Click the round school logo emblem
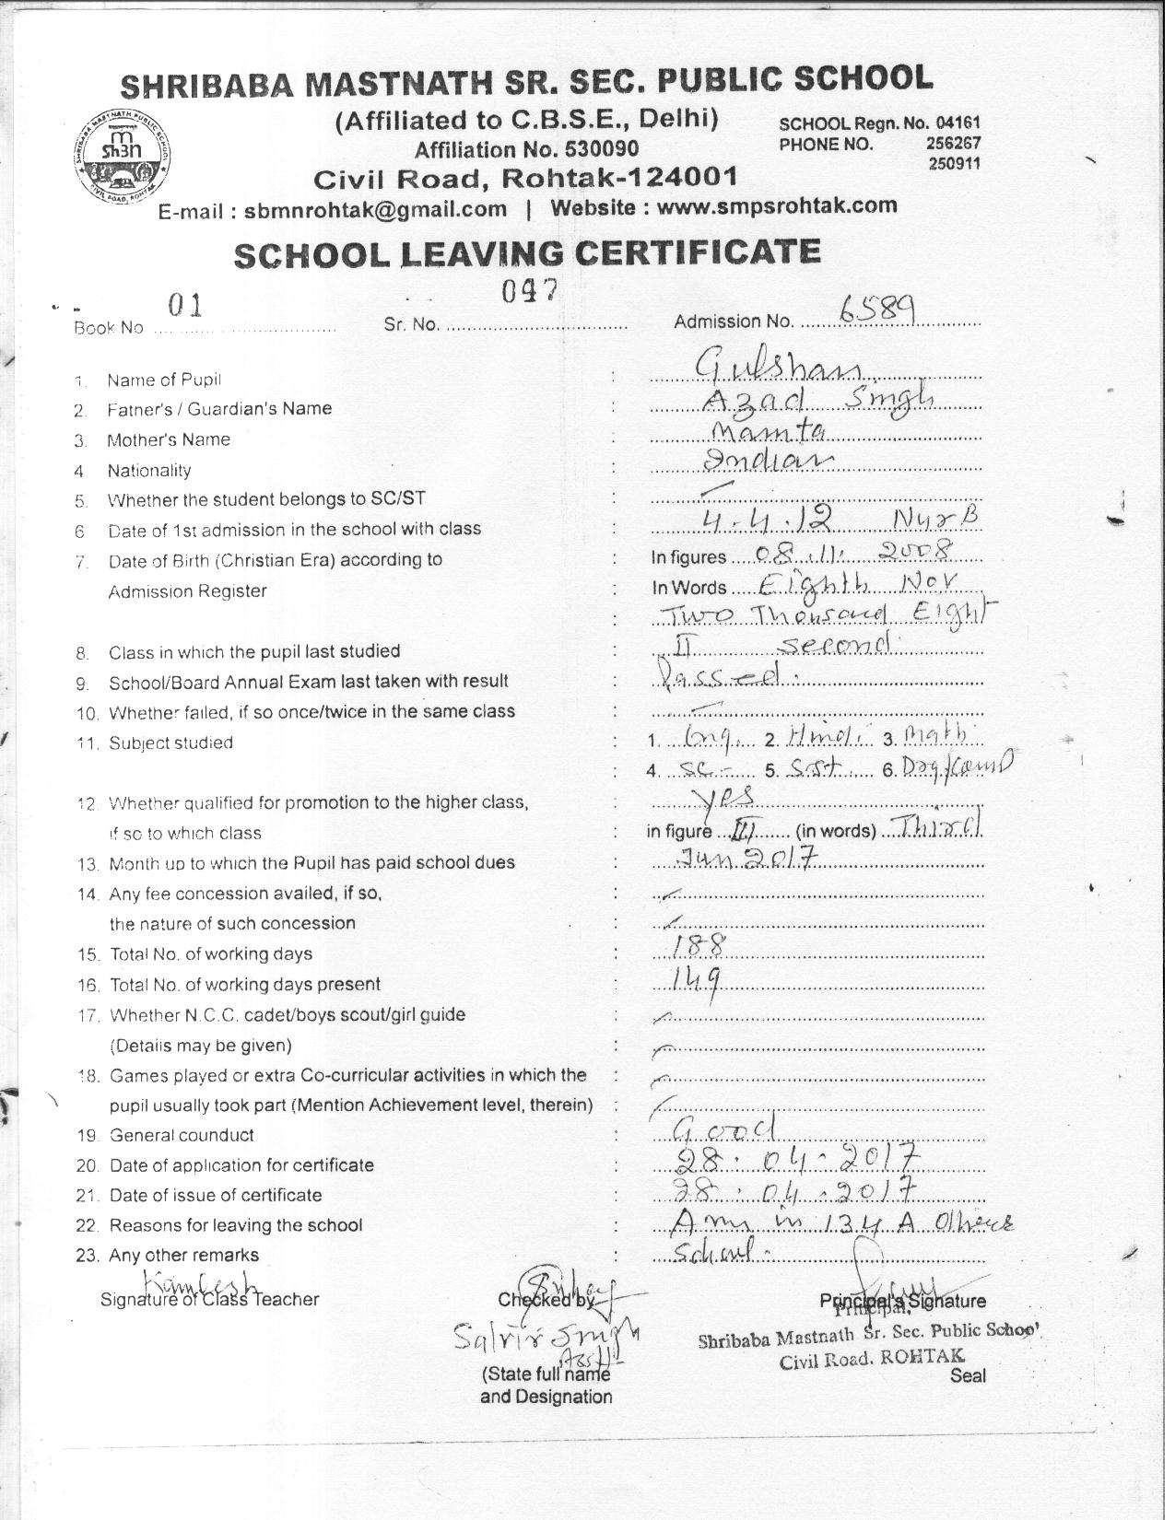pos(122,154)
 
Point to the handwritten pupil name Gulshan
pos(779,370)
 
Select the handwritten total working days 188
pos(698,945)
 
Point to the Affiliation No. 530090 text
pos(525,149)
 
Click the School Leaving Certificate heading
pos(526,252)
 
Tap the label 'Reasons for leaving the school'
pos(236,1225)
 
